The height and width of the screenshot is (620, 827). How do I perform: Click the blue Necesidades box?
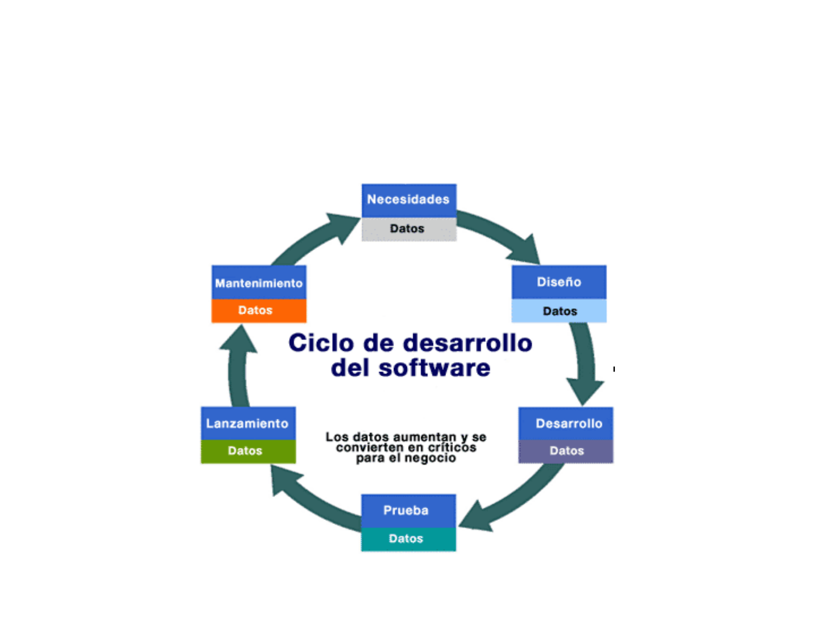click(409, 200)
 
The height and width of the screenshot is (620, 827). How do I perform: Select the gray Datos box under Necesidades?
click(409, 229)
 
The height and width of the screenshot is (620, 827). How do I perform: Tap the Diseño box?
click(559, 282)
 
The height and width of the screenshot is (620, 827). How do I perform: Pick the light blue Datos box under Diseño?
click(559, 311)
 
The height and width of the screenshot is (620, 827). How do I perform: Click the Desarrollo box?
click(566, 423)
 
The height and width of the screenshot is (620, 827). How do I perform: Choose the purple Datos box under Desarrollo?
click(566, 451)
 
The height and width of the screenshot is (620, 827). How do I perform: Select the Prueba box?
click(408, 511)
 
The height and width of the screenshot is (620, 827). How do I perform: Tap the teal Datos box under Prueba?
click(408, 539)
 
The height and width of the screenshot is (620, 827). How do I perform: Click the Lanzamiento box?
click(248, 423)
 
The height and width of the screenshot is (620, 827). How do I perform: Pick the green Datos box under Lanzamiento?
click(248, 451)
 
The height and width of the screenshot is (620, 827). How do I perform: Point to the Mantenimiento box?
click(258, 282)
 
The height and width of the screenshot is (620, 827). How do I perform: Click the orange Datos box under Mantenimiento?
click(258, 311)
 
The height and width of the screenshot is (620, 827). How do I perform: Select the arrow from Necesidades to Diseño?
click(500, 234)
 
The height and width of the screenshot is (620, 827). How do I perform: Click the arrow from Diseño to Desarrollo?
click(584, 365)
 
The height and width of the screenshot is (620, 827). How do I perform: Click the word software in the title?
click(434, 368)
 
